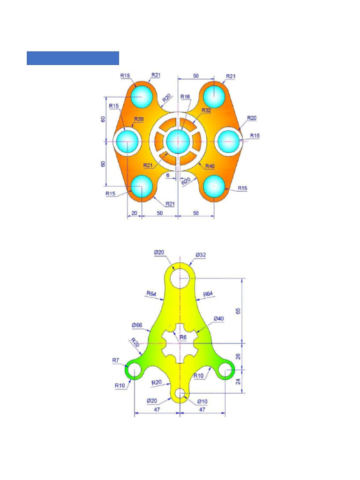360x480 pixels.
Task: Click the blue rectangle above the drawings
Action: coord(73,58)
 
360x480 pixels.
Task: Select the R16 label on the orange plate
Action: coord(186,97)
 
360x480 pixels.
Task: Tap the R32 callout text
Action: coord(206,110)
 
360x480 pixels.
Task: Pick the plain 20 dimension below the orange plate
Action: coord(134,213)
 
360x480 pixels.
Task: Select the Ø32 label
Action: coord(201,255)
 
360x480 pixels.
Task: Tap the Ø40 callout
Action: coord(218,319)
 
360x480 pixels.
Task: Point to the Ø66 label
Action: coord(137,325)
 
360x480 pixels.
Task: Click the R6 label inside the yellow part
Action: coord(183,337)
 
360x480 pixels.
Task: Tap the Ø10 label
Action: coord(202,401)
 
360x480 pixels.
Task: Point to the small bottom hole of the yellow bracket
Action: coord(180,394)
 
